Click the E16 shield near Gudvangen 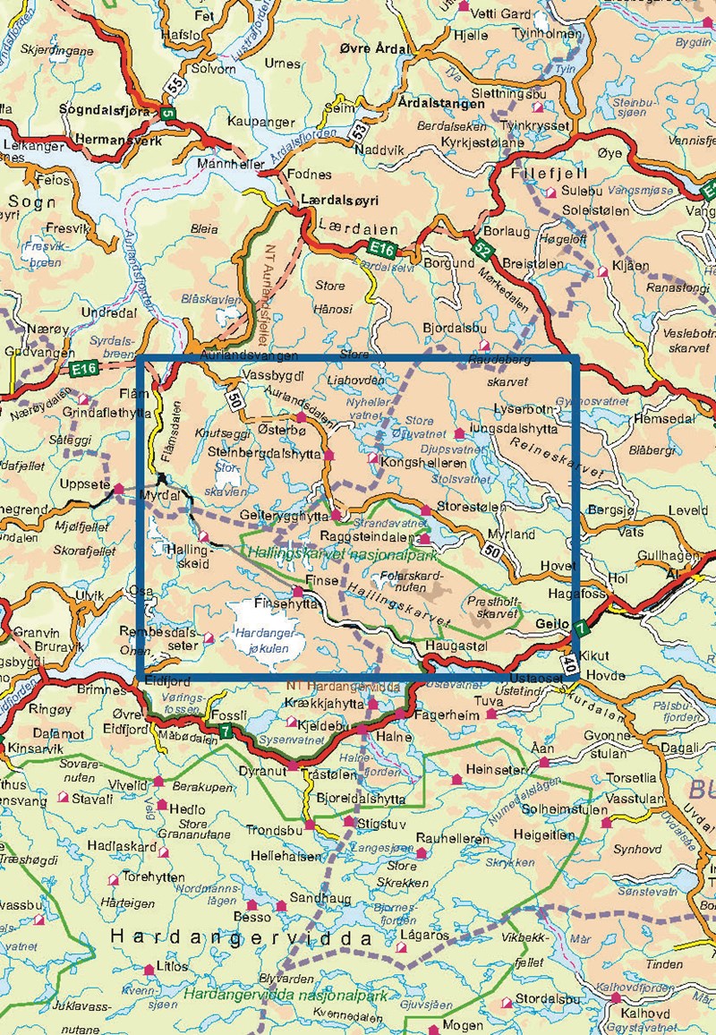85,367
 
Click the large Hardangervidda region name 241,938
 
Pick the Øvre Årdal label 376,49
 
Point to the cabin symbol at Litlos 149,969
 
